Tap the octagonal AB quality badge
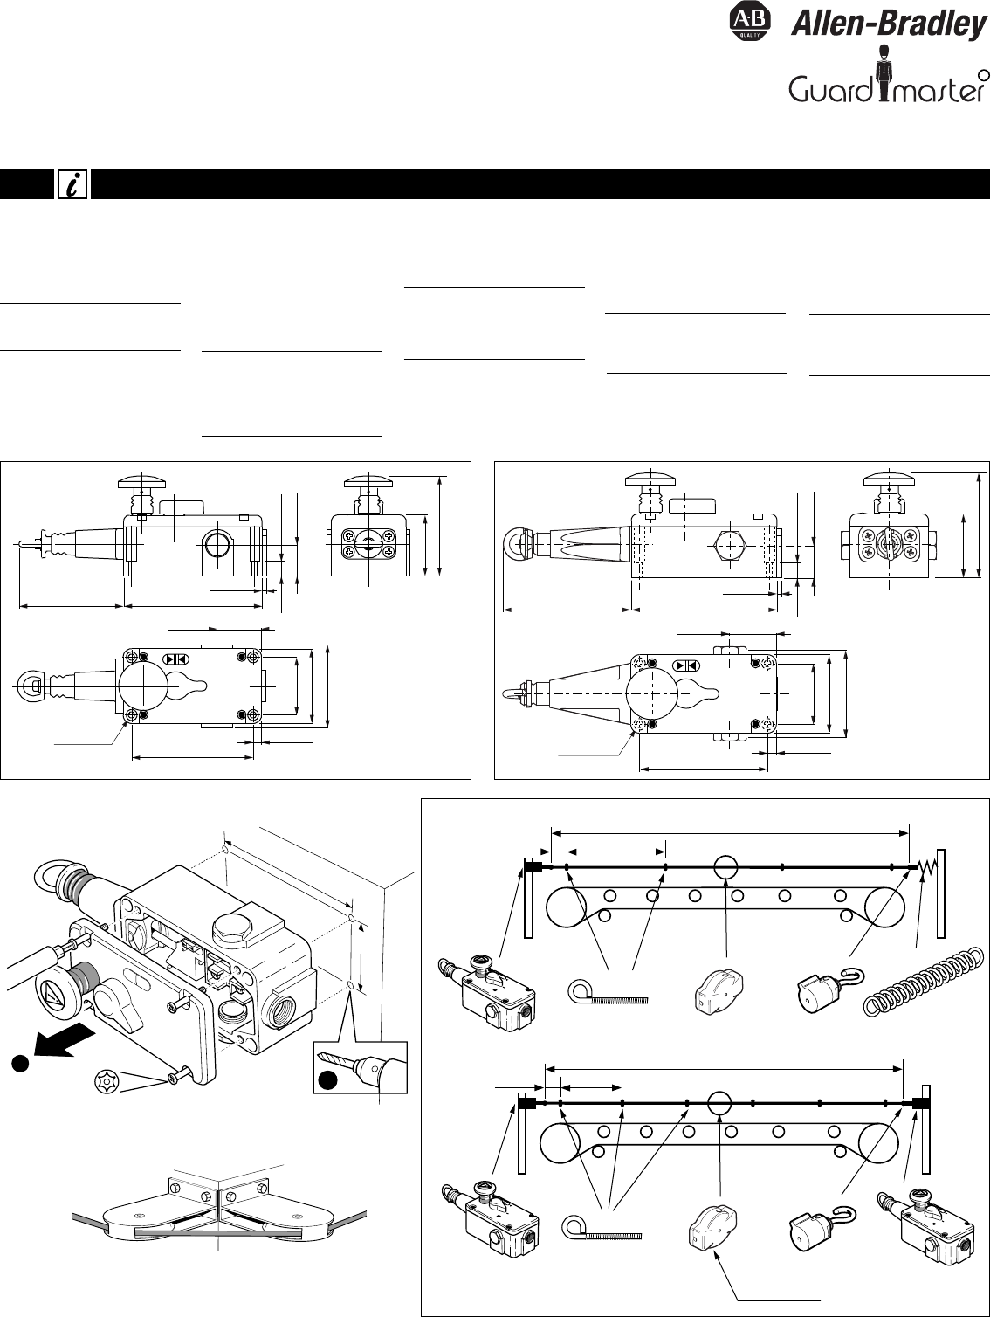(748, 22)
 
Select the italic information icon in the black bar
(72, 184)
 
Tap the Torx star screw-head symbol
(108, 1080)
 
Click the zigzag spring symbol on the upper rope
(926, 866)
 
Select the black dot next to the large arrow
(20, 1063)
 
